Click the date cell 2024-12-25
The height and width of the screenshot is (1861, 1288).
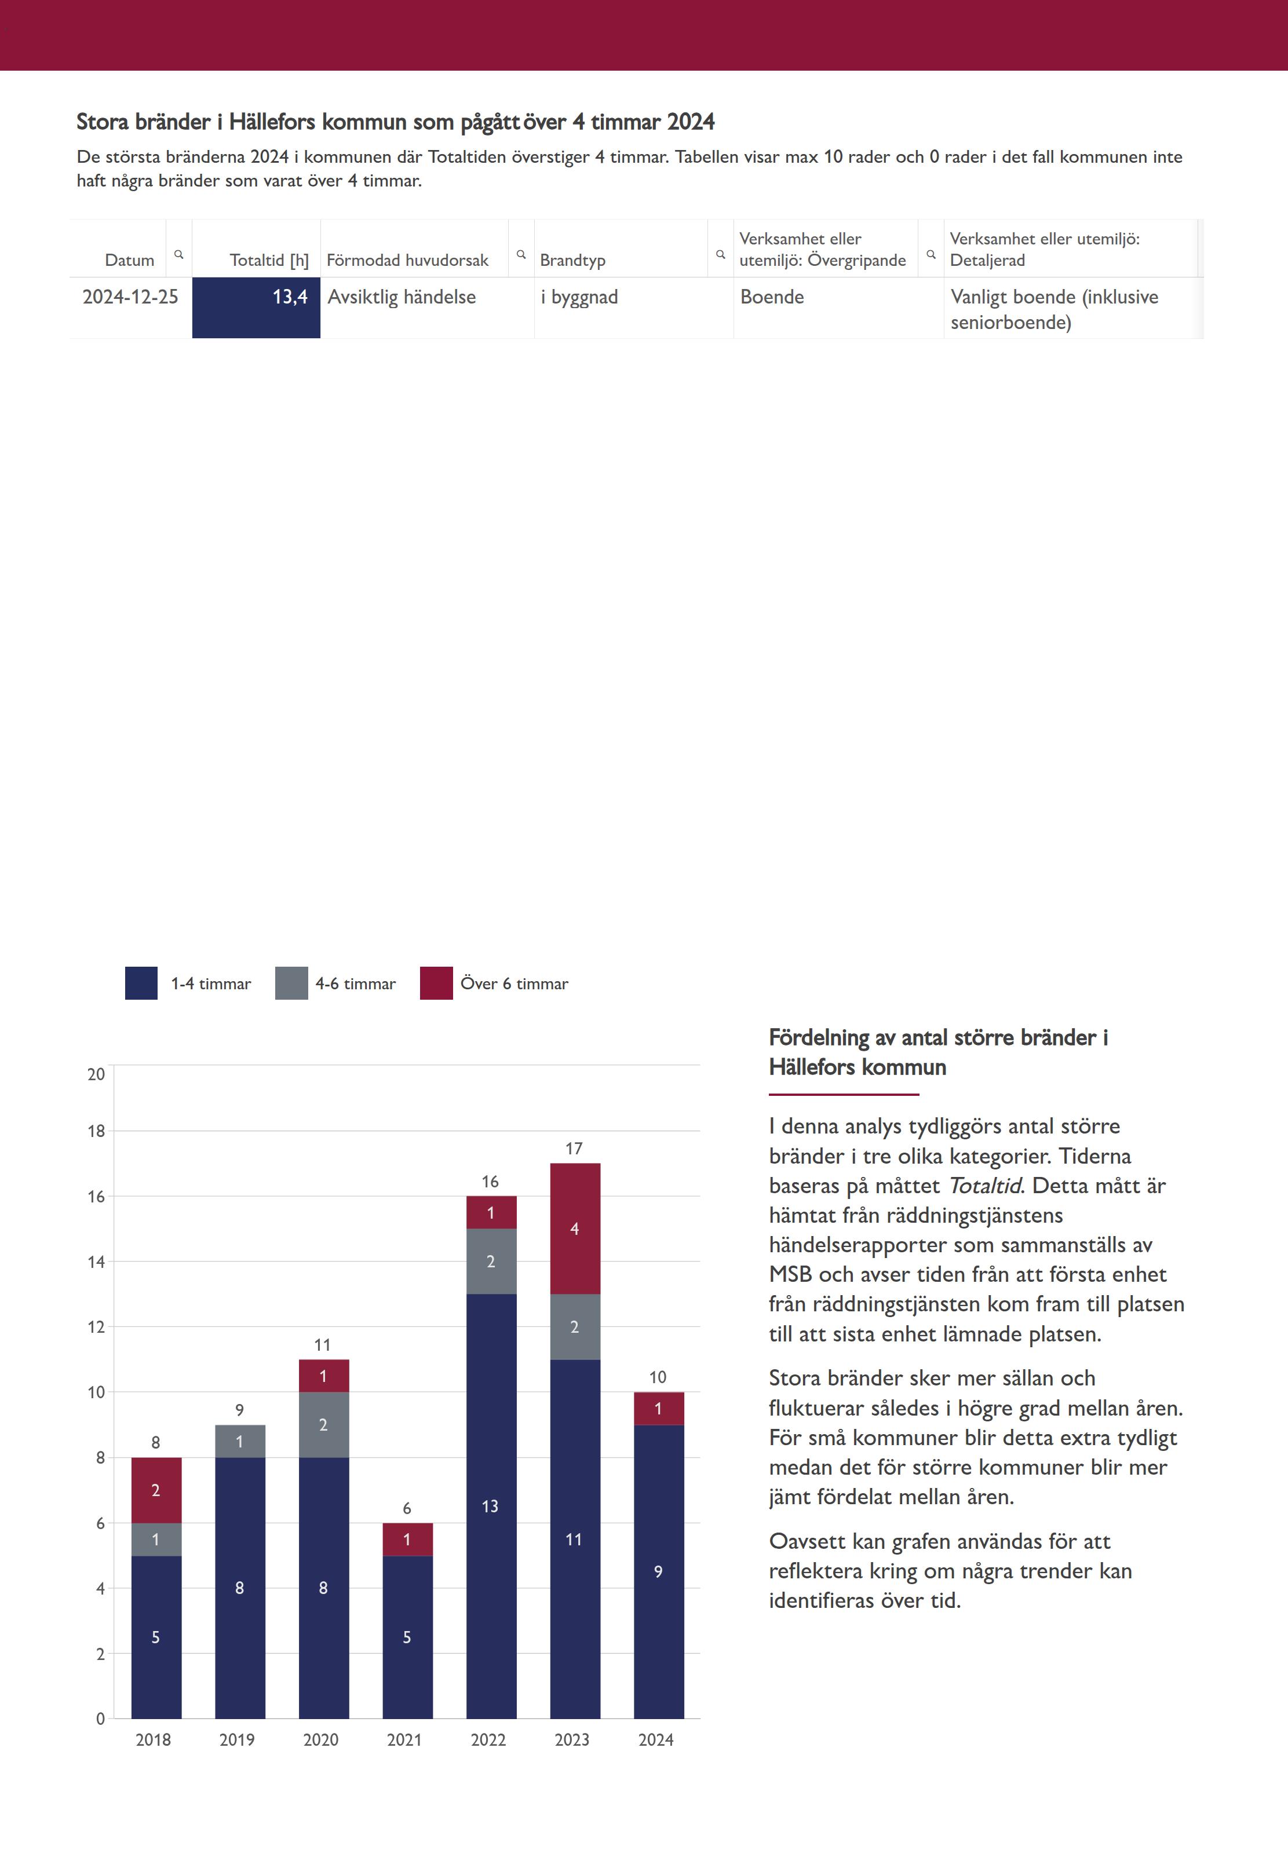130,297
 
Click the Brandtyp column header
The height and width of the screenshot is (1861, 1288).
572,259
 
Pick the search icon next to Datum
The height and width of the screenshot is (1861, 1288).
179,254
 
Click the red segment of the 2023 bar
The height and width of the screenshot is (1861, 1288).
575,1228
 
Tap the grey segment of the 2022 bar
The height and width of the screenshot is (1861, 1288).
491,1261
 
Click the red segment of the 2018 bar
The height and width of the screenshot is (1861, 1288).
156,1490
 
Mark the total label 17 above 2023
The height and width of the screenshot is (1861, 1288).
574,1148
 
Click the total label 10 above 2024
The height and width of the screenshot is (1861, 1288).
658,1377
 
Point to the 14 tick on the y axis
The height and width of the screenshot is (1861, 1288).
96,1262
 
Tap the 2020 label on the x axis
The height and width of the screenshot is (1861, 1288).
320,1740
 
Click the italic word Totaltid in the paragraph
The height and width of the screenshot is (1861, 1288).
984,1186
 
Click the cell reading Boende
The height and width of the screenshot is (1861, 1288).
772,297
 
